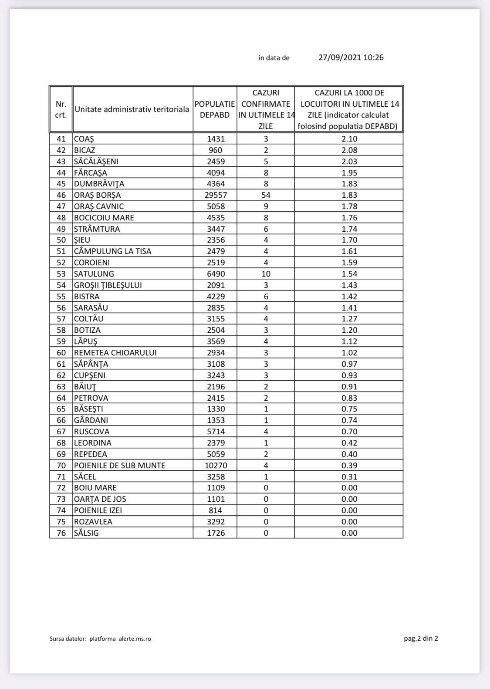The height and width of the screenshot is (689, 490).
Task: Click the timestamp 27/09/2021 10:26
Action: coord(351,57)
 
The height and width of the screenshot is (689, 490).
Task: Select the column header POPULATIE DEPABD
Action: coord(215,109)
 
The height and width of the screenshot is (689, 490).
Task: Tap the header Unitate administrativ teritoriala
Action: coord(132,109)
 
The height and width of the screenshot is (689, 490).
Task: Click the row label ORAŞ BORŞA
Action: coord(97,195)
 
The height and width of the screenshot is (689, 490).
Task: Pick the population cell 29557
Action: coord(216,195)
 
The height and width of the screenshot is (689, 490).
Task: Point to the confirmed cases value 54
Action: coord(266,195)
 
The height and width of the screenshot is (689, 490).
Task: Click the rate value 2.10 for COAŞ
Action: coord(349,139)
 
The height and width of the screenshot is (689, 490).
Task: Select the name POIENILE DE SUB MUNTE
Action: coord(119,466)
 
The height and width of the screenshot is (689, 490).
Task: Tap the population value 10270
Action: coord(216,466)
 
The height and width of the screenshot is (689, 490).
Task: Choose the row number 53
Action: coord(61,274)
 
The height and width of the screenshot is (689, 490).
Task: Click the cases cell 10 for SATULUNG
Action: coord(266,274)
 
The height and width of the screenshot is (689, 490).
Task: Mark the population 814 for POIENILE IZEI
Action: coord(215,510)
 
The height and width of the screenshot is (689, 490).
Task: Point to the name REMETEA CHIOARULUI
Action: coord(115,353)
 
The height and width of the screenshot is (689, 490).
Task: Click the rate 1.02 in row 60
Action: coord(349,353)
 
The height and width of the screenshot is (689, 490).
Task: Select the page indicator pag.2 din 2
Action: coord(421,638)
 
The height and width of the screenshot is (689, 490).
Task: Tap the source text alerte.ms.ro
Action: coord(135,639)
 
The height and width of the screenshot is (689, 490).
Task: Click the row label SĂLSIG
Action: coord(86,533)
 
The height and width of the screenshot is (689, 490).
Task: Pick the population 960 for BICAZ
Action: coord(215,150)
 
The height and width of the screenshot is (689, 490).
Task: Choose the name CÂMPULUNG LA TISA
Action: coord(112,251)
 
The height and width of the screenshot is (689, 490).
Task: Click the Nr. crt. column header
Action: coord(61,109)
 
